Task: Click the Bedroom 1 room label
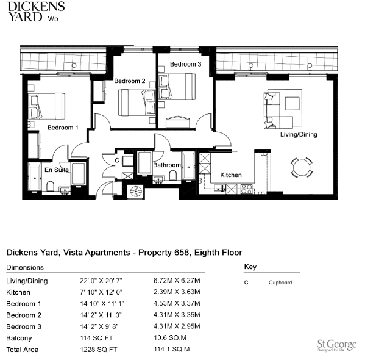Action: pos(63,128)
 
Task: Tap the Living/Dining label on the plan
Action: pos(299,134)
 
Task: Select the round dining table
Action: pos(302,167)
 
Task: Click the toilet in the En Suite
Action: pos(51,186)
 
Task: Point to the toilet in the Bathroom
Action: pos(173,175)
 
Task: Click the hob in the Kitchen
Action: pos(247,189)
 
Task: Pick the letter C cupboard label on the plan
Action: pos(117,160)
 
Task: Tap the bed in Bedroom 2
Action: pos(136,103)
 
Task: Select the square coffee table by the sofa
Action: pos(292,104)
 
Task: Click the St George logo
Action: pos(337,345)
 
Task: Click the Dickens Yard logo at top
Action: pos(36,12)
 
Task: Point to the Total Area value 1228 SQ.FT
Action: pos(99,350)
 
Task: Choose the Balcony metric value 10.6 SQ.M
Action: pos(170,337)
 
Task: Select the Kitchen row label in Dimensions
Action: pos(18,292)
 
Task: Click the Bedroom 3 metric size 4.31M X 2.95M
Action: pos(177,326)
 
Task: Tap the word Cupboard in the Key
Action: pos(280,283)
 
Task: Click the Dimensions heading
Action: pos(25,267)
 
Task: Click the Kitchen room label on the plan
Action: pos(231,175)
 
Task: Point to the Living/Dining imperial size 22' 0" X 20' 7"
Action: pos(101,281)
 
